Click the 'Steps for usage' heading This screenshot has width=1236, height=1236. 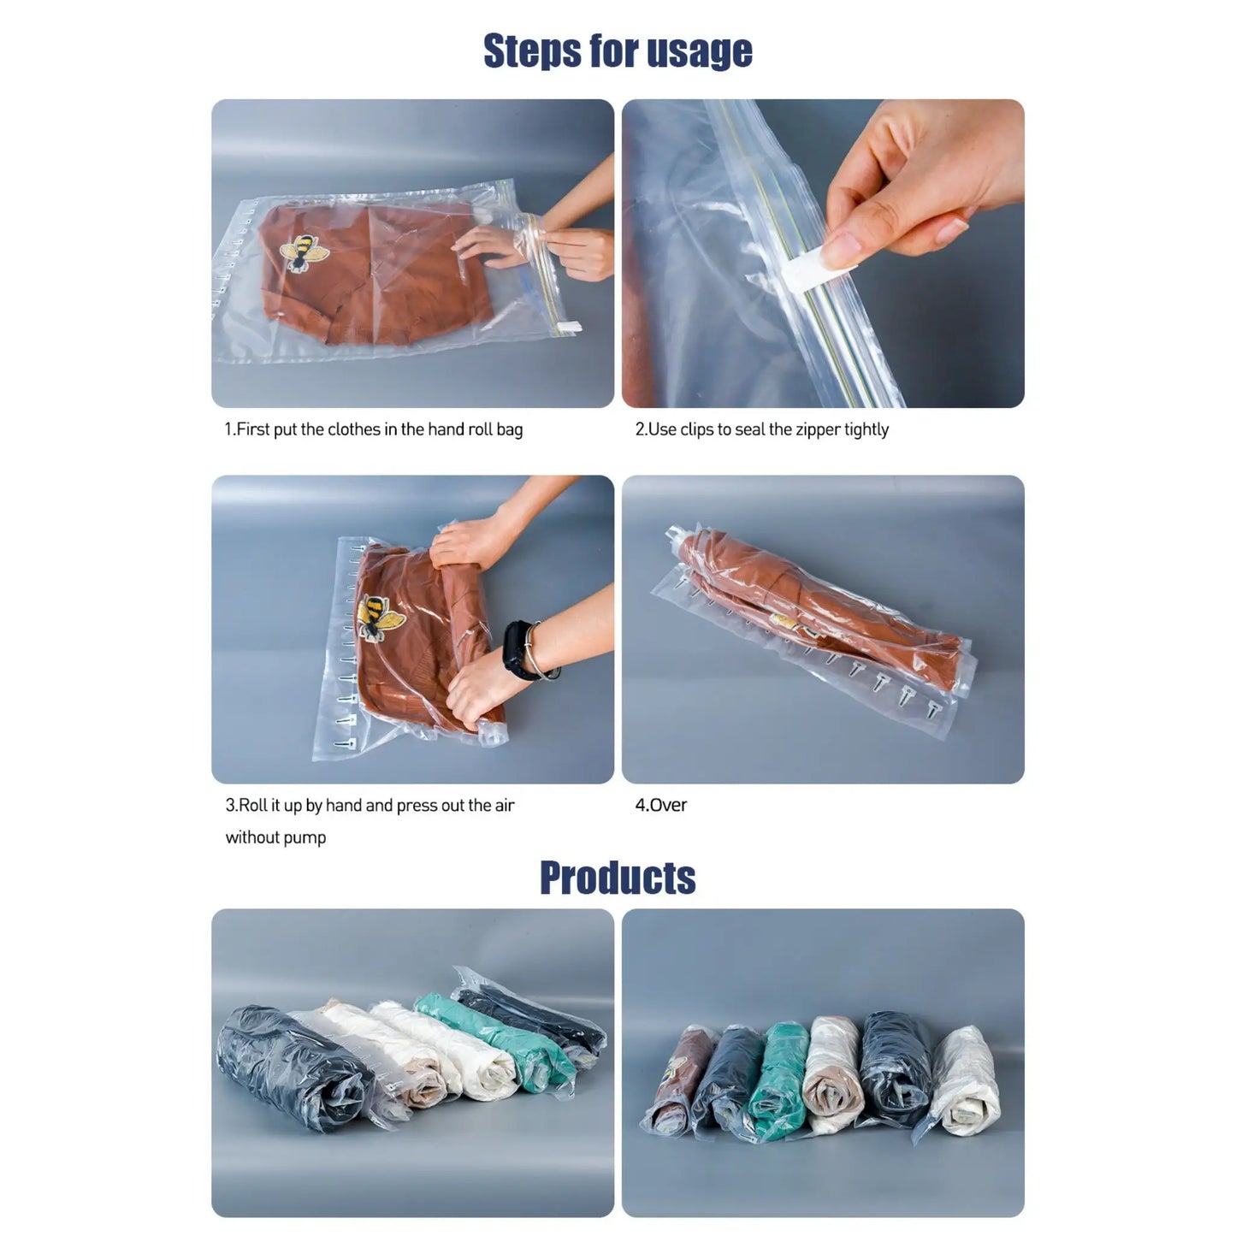pyautogui.click(x=618, y=50)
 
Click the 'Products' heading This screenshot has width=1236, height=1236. pyautogui.click(x=618, y=878)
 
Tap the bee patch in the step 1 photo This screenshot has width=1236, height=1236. pyautogui.click(x=304, y=252)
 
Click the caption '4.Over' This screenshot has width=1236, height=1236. pyautogui.click(x=660, y=805)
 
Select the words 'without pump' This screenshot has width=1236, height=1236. pyautogui.click(x=275, y=837)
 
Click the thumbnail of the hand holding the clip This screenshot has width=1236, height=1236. pyautogui.click(x=823, y=253)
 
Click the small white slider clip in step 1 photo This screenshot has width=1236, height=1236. pyautogui.click(x=569, y=327)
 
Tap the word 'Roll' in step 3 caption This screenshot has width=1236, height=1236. pyautogui.click(x=253, y=805)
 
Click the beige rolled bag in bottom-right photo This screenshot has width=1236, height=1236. pyautogui.click(x=832, y=1075)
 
